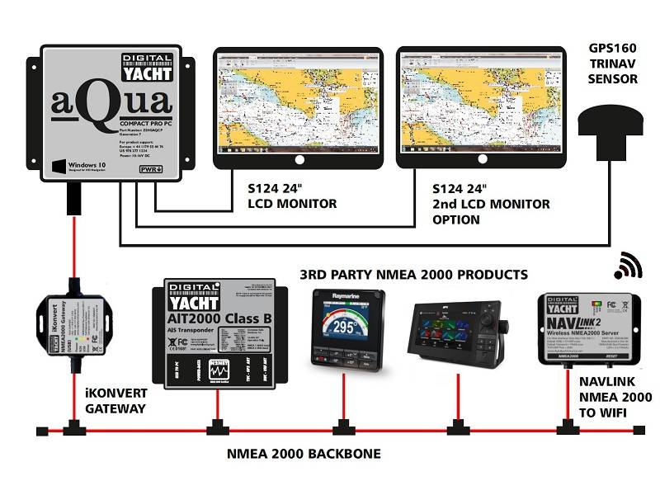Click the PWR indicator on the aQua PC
(x=150, y=169)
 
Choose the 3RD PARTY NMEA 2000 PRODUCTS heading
(x=412, y=274)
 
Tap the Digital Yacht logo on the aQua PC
(x=147, y=67)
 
